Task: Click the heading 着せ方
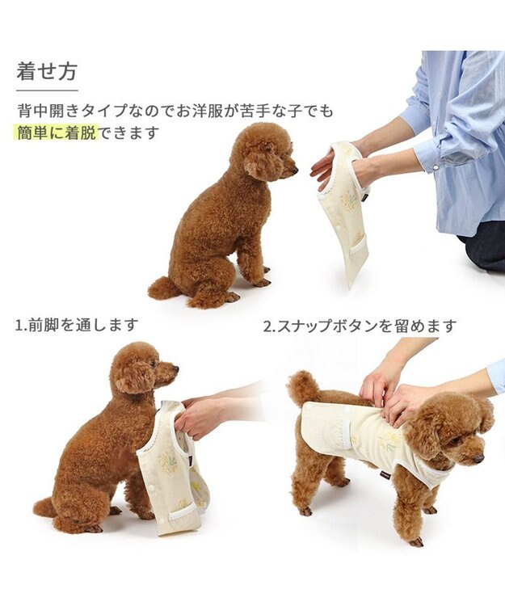click(x=47, y=71)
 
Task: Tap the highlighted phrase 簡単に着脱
click(x=57, y=133)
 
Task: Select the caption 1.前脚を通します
click(x=77, y=325)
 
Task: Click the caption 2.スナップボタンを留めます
click(x=360, y=326)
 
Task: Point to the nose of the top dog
click(x=295, y=170)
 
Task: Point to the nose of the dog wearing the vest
click(x=478, y=458)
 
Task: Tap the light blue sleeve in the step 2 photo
click(x=495, y=377)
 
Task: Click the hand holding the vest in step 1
click(x=199, y=415)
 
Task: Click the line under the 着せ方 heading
click(x=47, y=90)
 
